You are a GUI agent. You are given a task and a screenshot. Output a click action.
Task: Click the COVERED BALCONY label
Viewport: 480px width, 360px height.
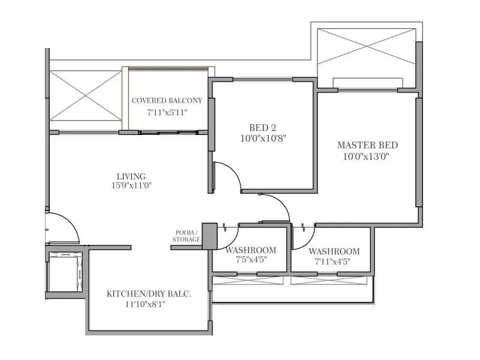point(167,100)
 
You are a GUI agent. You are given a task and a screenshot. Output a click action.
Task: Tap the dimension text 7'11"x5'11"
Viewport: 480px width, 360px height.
point(167,112)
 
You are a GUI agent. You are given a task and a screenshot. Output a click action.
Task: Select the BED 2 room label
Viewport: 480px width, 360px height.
point(263,127)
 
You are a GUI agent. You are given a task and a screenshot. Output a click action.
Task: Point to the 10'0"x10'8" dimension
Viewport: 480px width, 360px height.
point(263,138)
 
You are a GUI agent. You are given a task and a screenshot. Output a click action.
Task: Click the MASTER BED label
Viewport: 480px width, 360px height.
point(367,145)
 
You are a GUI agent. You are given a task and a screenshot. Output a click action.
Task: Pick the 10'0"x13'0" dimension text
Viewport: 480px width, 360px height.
point(367,156)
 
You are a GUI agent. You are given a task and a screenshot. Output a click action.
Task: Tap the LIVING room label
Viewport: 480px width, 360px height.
point(131,176)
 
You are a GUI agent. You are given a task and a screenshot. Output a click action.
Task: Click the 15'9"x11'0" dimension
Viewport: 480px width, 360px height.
point(131,186)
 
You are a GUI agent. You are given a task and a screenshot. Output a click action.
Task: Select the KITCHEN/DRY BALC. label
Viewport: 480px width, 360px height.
point(149,293)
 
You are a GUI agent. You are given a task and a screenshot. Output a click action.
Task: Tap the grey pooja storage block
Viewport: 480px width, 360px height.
point(209,236)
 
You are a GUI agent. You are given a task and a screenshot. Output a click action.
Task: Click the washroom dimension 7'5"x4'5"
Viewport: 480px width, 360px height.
point(251,260)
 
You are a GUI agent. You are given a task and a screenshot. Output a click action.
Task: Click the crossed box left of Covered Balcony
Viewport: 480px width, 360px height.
point(85,95)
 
